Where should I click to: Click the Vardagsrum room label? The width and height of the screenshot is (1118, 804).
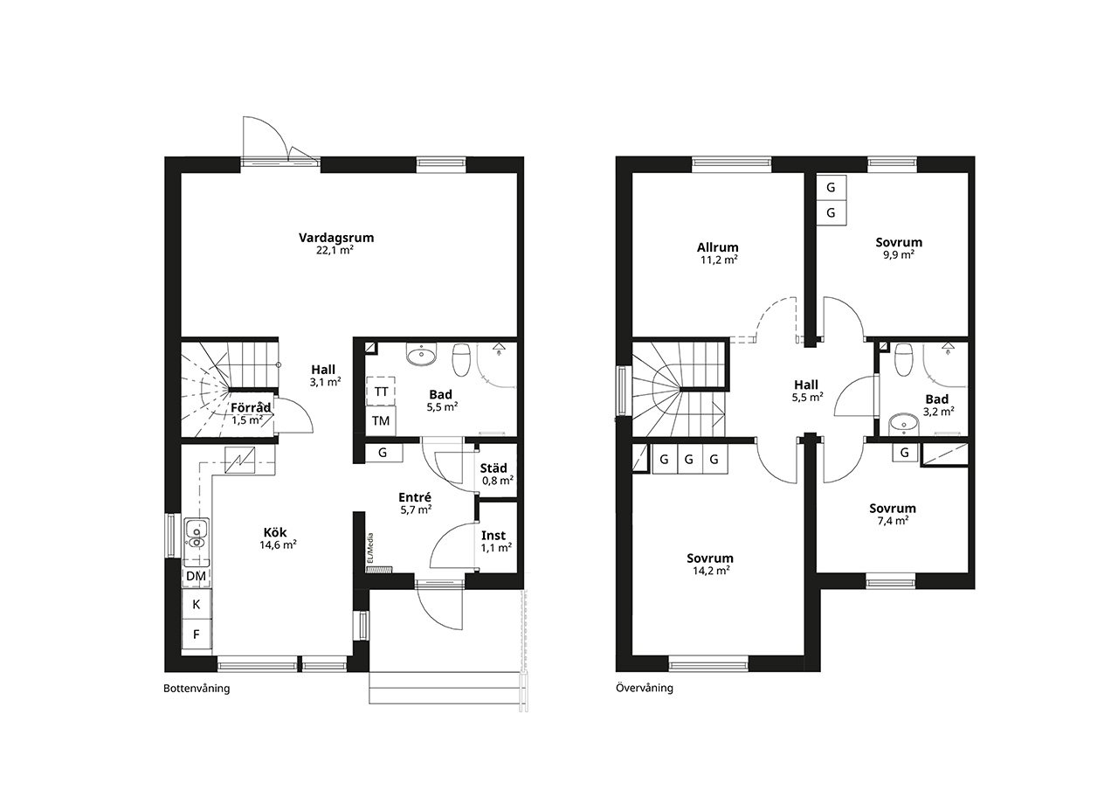pyautogui.click(x=336, y=238)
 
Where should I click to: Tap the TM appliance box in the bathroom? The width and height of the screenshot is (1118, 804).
pyautogui.click(x=381, y=421)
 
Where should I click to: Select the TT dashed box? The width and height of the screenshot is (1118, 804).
pyautogui.click(x=381, y=392)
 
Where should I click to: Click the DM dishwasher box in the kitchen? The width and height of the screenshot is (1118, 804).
pyautogui.click(x=197, y=576)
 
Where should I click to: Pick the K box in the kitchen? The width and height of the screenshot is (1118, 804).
pyautogui.click(x=197, y=604)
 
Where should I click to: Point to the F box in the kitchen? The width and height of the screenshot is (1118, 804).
pyautogui.click(x=197, y=634)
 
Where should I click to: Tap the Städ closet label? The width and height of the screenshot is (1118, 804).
pyautogui.click(x=493, y=468)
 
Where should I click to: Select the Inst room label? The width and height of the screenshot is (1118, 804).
pyautogui.click(x=493, y=536)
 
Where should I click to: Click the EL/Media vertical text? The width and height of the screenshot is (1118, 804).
pyautogui.click(x=370, y=548)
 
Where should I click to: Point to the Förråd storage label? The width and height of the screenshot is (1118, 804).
pyautogui.click(x=251, y=407)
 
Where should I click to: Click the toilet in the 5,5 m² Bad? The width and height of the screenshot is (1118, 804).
pyautogui.click(x=461, y=359)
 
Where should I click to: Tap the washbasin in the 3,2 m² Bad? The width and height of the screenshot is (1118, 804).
pyautogui.click(x=904, y=424)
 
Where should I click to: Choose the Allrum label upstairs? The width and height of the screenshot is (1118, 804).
pyautogui.click(x=718, y=247)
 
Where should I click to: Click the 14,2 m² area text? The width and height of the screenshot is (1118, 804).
pyautogui.click(x=711, y=571)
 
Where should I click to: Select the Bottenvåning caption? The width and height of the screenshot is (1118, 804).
pyautogui.click(x=197, y=688)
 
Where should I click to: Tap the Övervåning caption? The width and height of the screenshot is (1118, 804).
pyautogui.click(x=645, y=688)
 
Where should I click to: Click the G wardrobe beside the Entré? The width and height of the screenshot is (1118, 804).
pyautogui.click(x=383, y=453)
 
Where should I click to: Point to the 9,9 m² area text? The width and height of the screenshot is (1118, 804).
pyautogui.click(x=899, y=254)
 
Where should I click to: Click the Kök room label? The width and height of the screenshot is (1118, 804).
pyautogui.click(x=275, y=532)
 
